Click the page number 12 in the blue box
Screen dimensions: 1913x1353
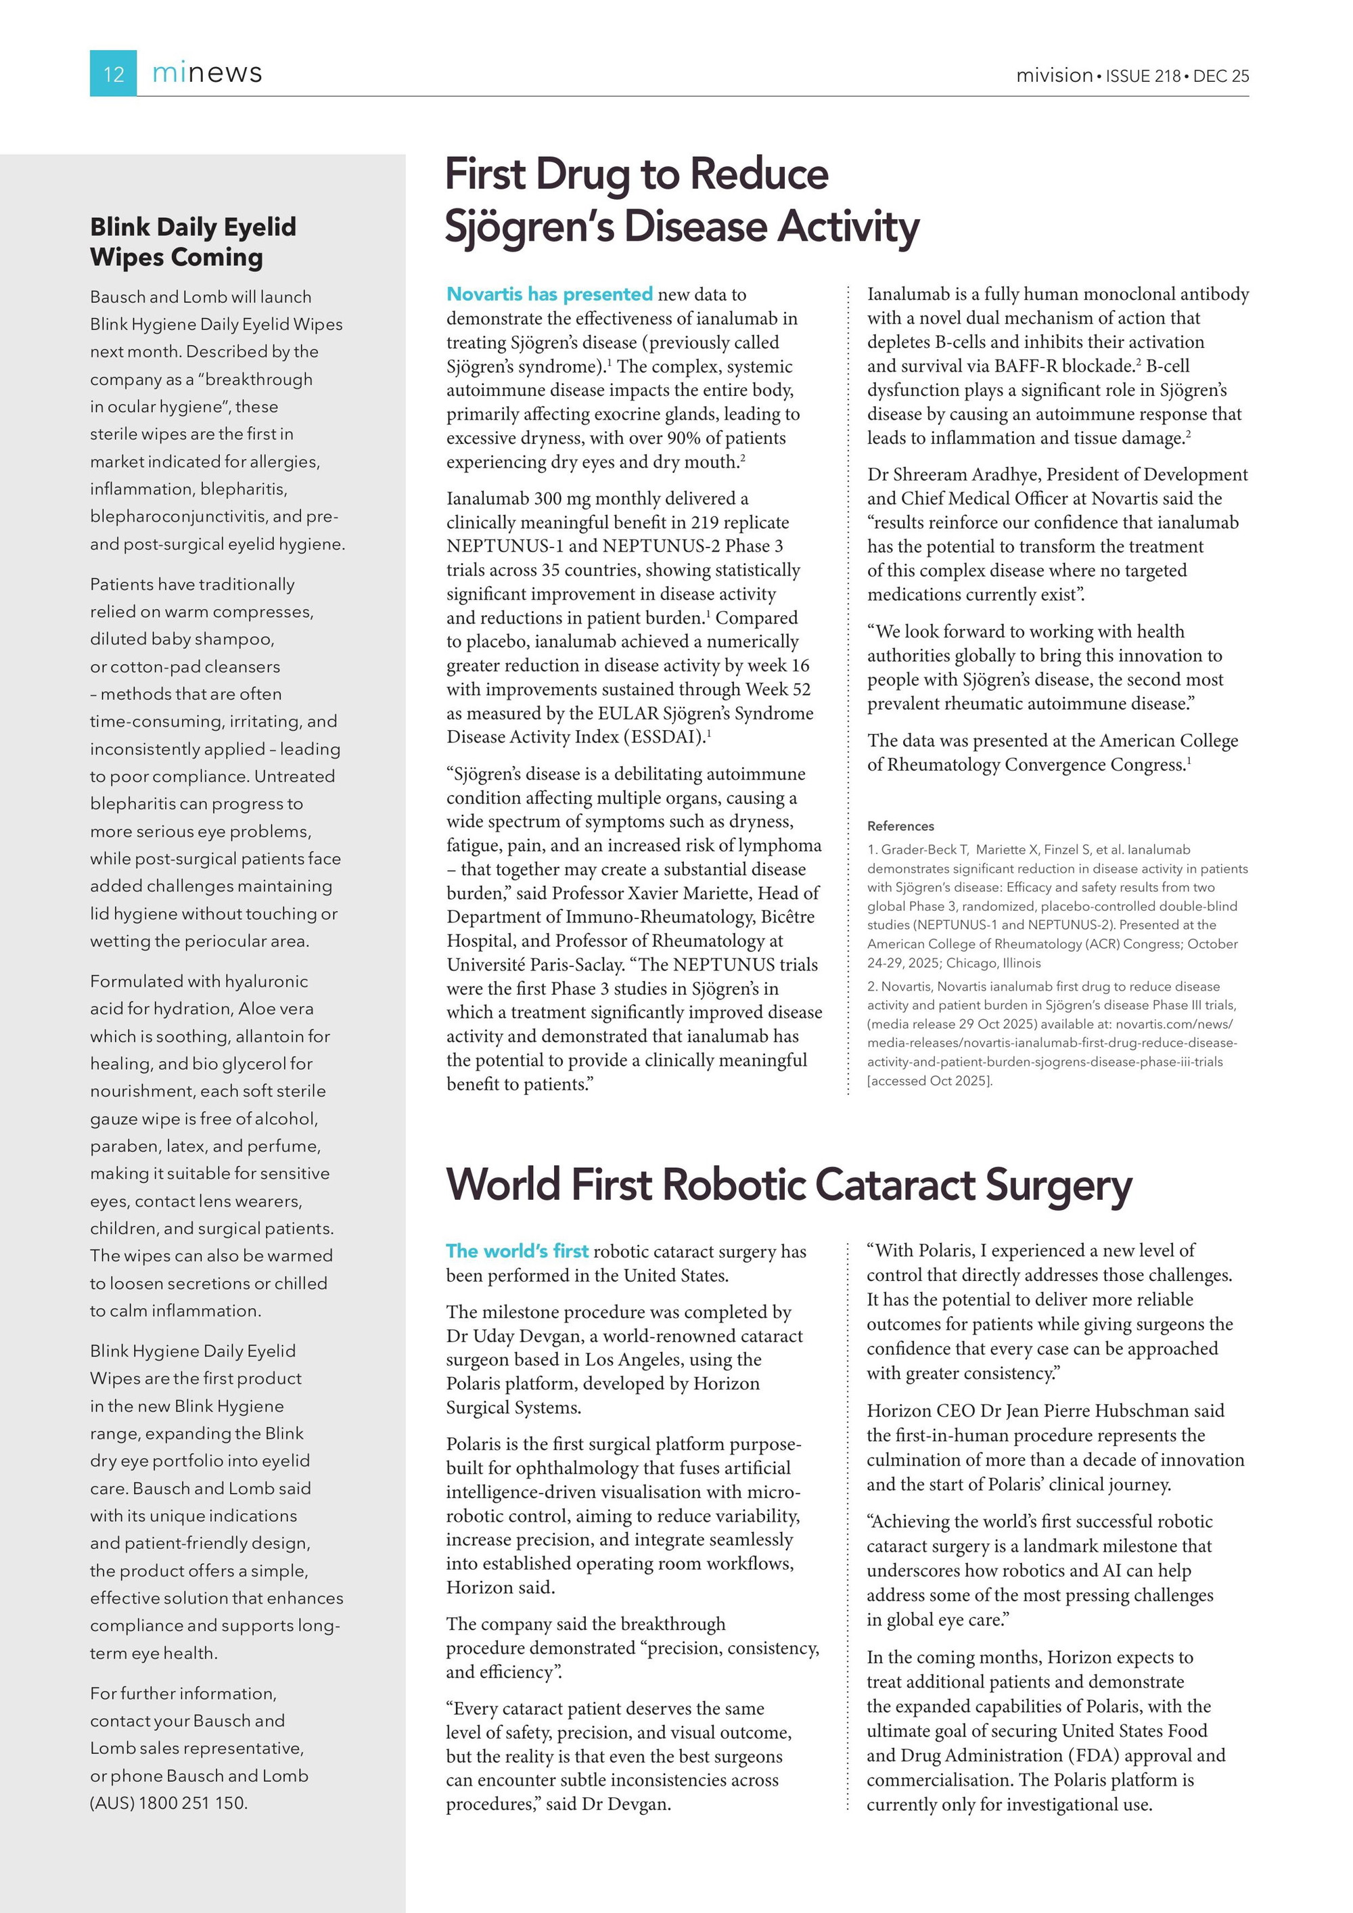(x=113, y=74)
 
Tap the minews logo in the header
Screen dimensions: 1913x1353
(x=206, y=73)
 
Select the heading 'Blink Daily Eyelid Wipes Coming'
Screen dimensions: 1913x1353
(x=193, y=242)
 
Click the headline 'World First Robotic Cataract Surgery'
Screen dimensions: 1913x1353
(x=789, y=1184)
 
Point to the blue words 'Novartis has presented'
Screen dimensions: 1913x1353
(x=550, y=294)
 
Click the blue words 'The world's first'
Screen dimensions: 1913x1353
(x=518, y=1251)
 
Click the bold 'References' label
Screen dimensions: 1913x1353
(x=900, y=826)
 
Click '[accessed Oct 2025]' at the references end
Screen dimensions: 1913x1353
(x=930, y=1081)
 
